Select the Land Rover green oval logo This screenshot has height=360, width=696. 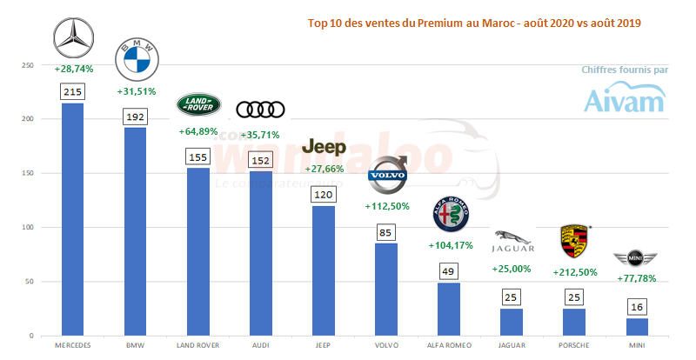click(199, 105)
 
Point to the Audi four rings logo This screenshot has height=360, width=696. click(261, 109)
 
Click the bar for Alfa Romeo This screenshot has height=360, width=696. click(450, 309)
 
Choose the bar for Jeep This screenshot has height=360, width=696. click(324, 270)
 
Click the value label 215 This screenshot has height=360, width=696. click(73, 91)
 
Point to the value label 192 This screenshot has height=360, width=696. click(136, 116)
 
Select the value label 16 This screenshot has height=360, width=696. click(638, 306)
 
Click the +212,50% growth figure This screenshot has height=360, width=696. click(575, 271)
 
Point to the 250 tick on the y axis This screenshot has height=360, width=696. click(28, 65)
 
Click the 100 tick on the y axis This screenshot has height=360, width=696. click(28, 228)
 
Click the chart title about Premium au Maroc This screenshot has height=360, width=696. click(474, 23)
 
